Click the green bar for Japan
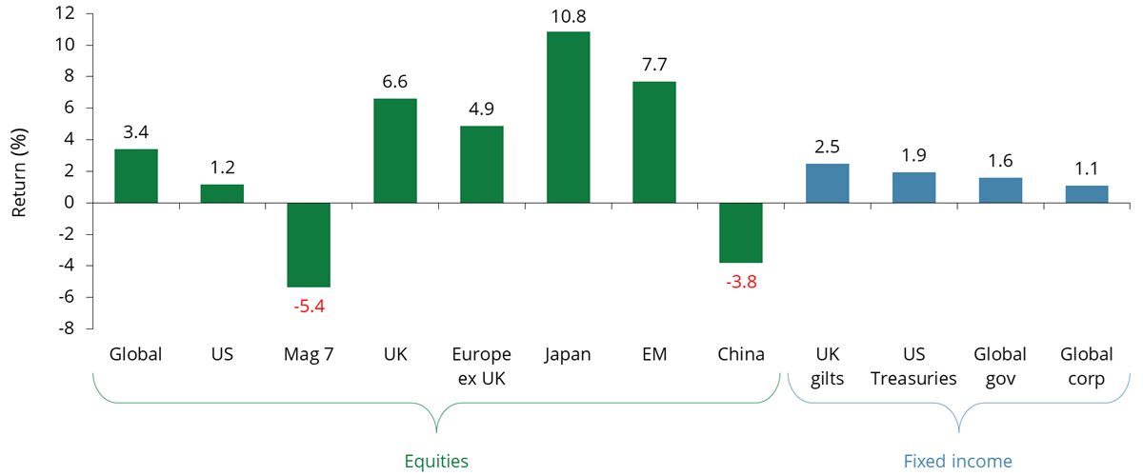[568, 117]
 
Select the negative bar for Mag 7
[309, 245]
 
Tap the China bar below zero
[740, 232]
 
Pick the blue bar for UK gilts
[827, 183]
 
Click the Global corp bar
[1087, 194]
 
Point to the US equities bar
[222, 193]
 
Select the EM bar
[654, 142]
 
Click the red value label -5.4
[308, 307]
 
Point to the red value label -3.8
[740, 282]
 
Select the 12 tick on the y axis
[65, 13]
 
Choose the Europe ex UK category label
[481, 367]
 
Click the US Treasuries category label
[913, 367]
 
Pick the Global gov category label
[1000, 367]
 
